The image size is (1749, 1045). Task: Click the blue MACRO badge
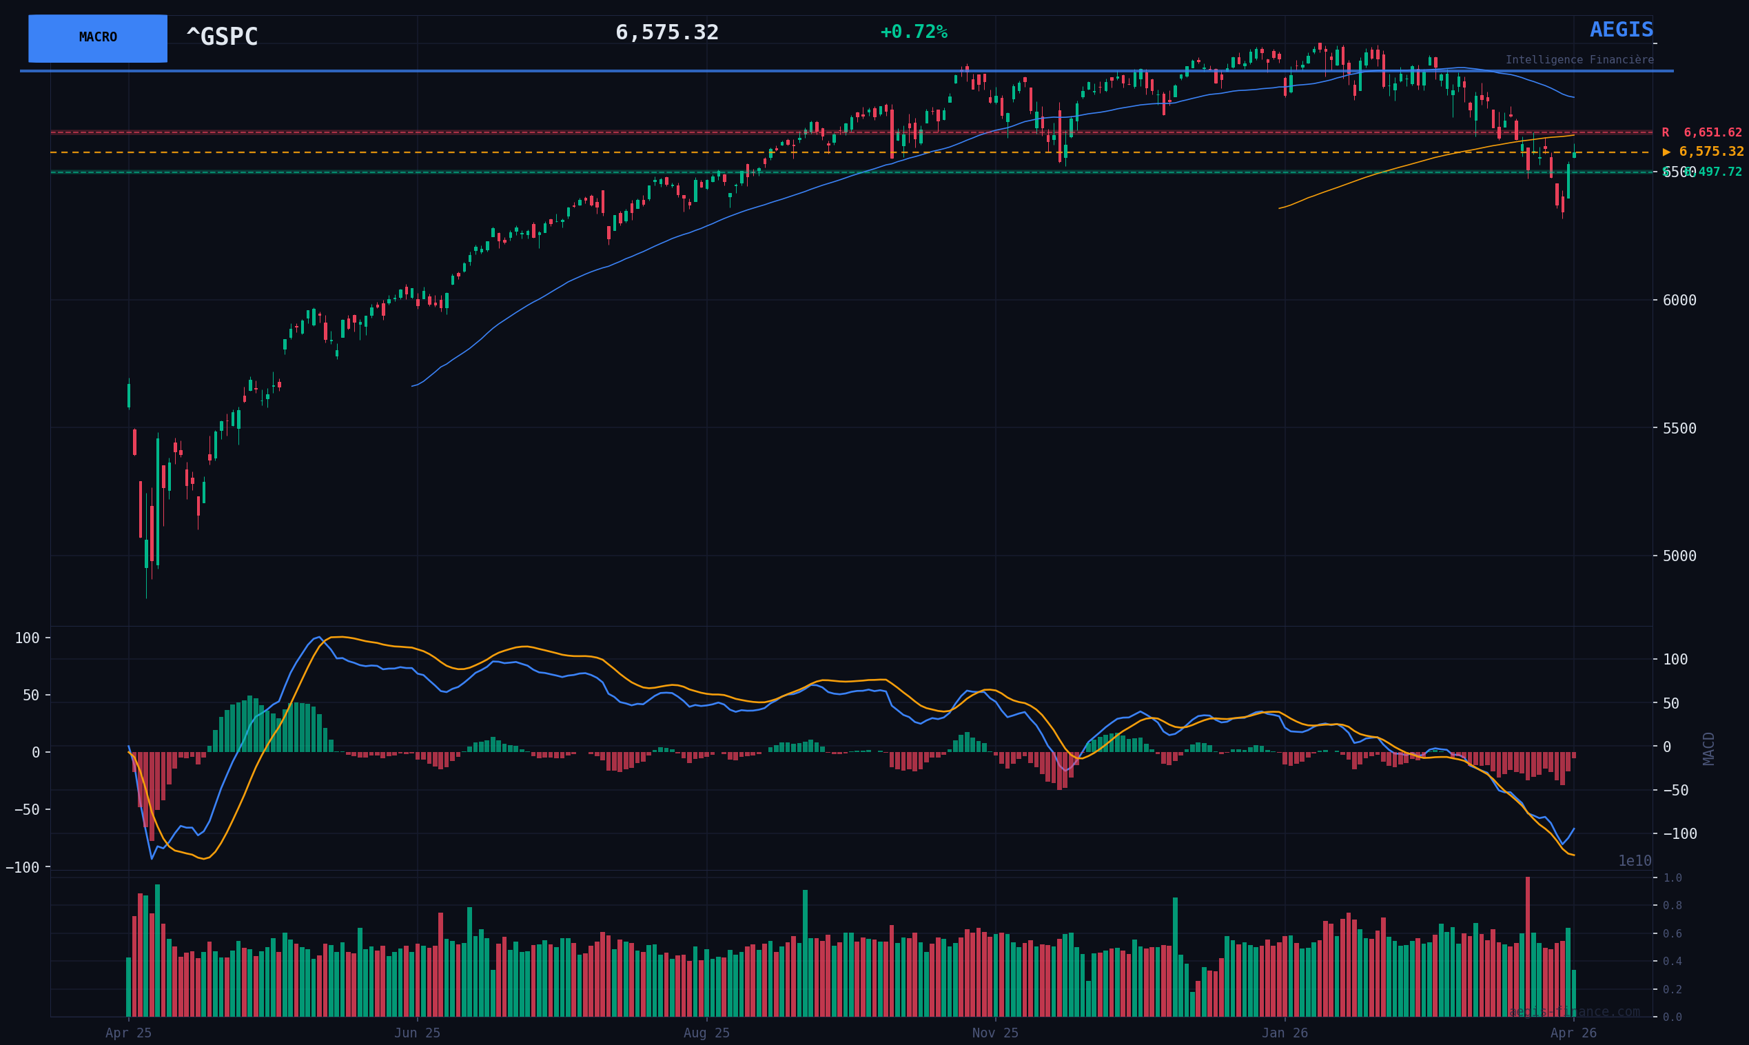[98, 38]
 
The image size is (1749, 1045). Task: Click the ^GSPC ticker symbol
[222, 37]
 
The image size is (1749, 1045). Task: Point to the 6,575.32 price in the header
[666, 33]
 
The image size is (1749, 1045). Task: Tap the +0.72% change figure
[914, 32]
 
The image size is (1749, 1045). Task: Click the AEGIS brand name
[1621, 30]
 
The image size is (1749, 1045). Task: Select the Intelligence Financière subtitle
[1579, 61]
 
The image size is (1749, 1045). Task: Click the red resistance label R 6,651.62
[1701, 133]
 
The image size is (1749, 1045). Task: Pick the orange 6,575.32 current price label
[1704, 152]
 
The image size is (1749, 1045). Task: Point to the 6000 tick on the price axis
[1679, 301]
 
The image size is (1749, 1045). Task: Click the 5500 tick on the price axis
[1679, 428]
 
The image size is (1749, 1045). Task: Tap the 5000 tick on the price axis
[1679, 556]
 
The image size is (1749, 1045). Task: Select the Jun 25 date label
[418, 1033]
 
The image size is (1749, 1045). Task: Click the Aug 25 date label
[706, 1033]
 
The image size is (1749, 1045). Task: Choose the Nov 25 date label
[995, 1033]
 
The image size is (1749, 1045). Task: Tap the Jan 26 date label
[1285, 1033]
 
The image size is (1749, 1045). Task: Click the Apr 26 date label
[1573, 1033]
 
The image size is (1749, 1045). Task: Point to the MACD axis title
[1709, 748]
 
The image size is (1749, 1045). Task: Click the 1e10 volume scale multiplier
[1635, 861]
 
